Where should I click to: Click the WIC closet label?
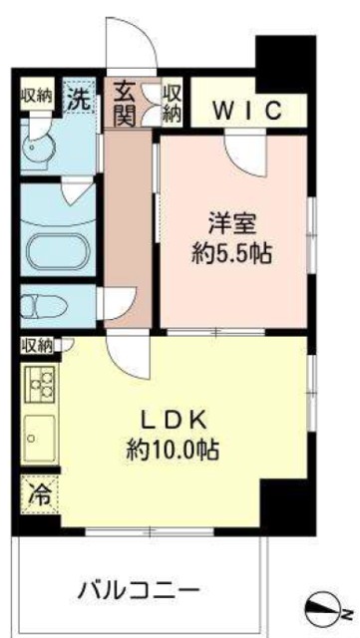tap(244, 109)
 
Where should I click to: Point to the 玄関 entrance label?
tap(124, 100)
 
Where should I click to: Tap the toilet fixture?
tap(46, 304)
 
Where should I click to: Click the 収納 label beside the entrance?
tap(173, 100)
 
